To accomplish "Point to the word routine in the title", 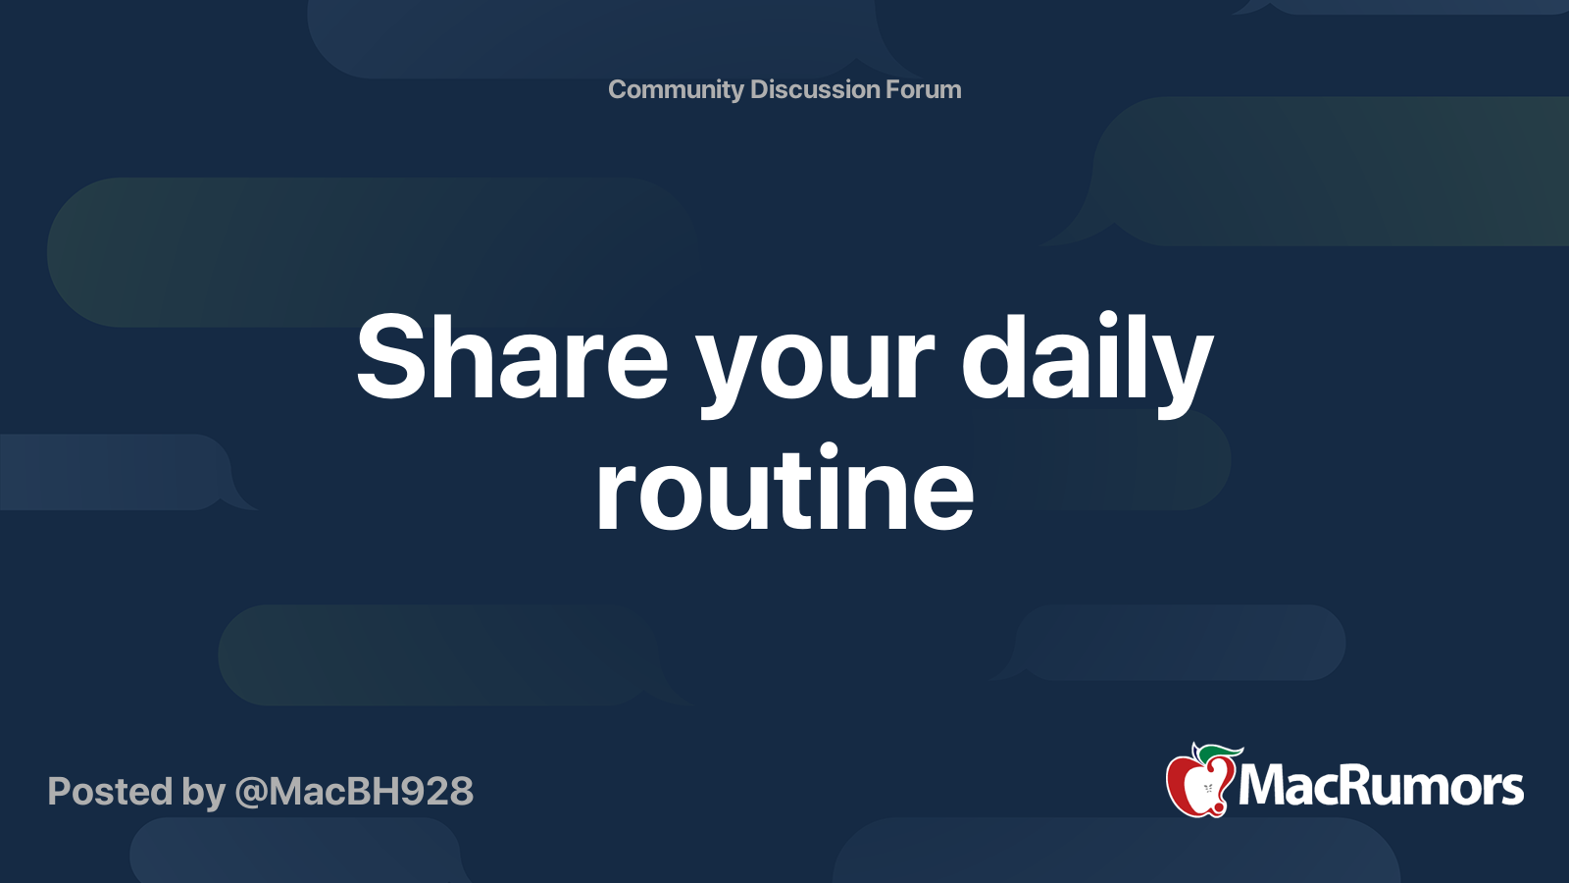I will click(784, 489).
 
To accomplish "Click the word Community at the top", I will click(676, 90).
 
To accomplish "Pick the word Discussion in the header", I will click(815, 89).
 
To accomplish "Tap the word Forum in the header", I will click(924, 89).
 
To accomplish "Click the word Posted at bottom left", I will click(110, 792).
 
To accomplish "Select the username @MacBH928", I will click(354, 792).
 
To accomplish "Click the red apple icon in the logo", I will click(1199, 785).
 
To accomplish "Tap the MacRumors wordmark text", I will click(1381, 787).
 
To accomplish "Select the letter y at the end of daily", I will click(1184, 371).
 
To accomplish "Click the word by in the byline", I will click(203, 793).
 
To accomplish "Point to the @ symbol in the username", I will click(251, 793).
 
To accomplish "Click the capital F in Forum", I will click(893, 89).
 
